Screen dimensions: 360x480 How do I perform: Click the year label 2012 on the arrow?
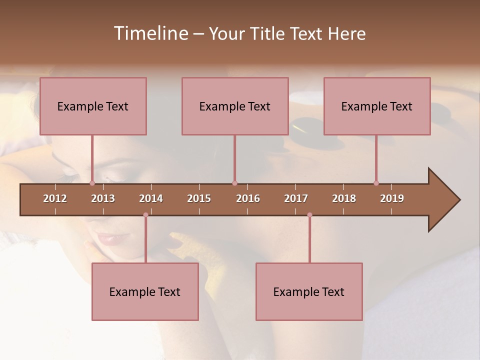[x=55, y=198]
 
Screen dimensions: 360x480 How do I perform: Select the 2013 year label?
[x=103, y=198]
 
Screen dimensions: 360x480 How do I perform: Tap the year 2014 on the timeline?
[x=151, y=198]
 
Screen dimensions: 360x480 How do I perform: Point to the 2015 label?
[x=199, y=198]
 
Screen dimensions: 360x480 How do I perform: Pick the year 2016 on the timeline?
[x=248, y=198]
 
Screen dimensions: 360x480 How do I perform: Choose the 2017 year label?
[x=296, y=198]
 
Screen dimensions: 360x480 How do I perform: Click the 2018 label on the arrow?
[x=344, y=198]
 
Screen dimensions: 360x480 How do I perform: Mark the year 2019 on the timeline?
[x=392, y=198]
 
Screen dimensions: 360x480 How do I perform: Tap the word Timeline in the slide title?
[x=150, y=33]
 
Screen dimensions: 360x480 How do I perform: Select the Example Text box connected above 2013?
[x=93, y=106]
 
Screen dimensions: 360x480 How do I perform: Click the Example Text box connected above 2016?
[x=235, y=106]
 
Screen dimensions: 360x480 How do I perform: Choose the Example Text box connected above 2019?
[x=377, y=106]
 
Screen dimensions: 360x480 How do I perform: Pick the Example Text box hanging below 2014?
[x=145, y=291]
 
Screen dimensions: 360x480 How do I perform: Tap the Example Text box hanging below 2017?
[x=309, y=291]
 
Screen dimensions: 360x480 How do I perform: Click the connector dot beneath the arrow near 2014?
[x=145, y=215]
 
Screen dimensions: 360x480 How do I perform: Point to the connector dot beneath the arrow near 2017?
[x=309, y=215]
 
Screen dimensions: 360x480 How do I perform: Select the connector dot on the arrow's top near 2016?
[x=234, y=183]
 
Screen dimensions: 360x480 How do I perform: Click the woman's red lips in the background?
[x=107, y=239]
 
